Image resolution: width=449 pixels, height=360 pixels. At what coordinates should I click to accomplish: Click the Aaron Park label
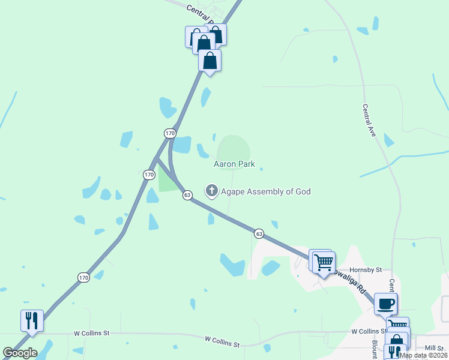(x=234, y=164)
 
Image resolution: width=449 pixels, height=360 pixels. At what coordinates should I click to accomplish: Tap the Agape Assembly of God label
(x=265, y=191)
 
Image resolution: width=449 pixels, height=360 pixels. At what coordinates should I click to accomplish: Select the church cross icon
(x=211, y=191)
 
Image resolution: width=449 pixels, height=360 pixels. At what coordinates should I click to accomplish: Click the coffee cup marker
(x=385, y=304)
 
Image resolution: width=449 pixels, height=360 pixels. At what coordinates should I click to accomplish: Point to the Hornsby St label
(x=367, y=271)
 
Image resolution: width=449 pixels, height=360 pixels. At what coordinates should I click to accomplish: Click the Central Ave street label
(x=369, y=121)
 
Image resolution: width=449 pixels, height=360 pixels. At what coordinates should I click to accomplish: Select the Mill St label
(x=433, y=348)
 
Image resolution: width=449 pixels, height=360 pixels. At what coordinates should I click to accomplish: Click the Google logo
(x=20, y=353)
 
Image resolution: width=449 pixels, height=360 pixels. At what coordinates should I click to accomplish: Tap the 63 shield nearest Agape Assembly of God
(x=187, y=195)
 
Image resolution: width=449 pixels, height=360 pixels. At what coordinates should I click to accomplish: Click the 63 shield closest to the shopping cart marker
(x=258, y=233)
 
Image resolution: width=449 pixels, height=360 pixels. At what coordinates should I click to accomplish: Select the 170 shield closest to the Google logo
(x=83, y=277)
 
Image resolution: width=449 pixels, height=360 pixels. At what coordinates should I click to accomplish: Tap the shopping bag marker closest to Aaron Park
(x=209, y=61)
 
